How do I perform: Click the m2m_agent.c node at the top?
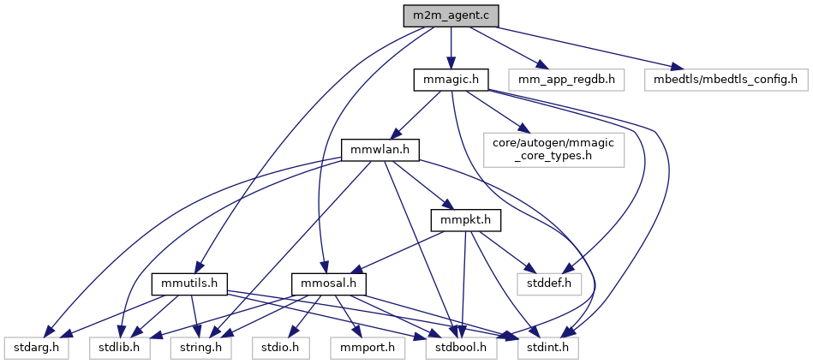(x=451, y=15)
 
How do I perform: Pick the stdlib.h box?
(x=119, y=348)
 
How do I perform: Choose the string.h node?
(x=200, y=348)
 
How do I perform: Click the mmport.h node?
(x=363, y=348)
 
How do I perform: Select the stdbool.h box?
(x=457, y=348)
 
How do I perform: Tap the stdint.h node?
(x=547, y=348)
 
